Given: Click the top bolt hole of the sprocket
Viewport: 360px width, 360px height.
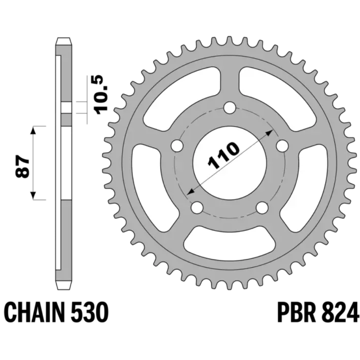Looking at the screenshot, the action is click(x=230, y=108).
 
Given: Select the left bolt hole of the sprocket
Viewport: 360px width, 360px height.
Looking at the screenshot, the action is click(x=177, y=146).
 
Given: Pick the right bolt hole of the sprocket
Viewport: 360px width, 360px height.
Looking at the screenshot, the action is click(x=282, y=146).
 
